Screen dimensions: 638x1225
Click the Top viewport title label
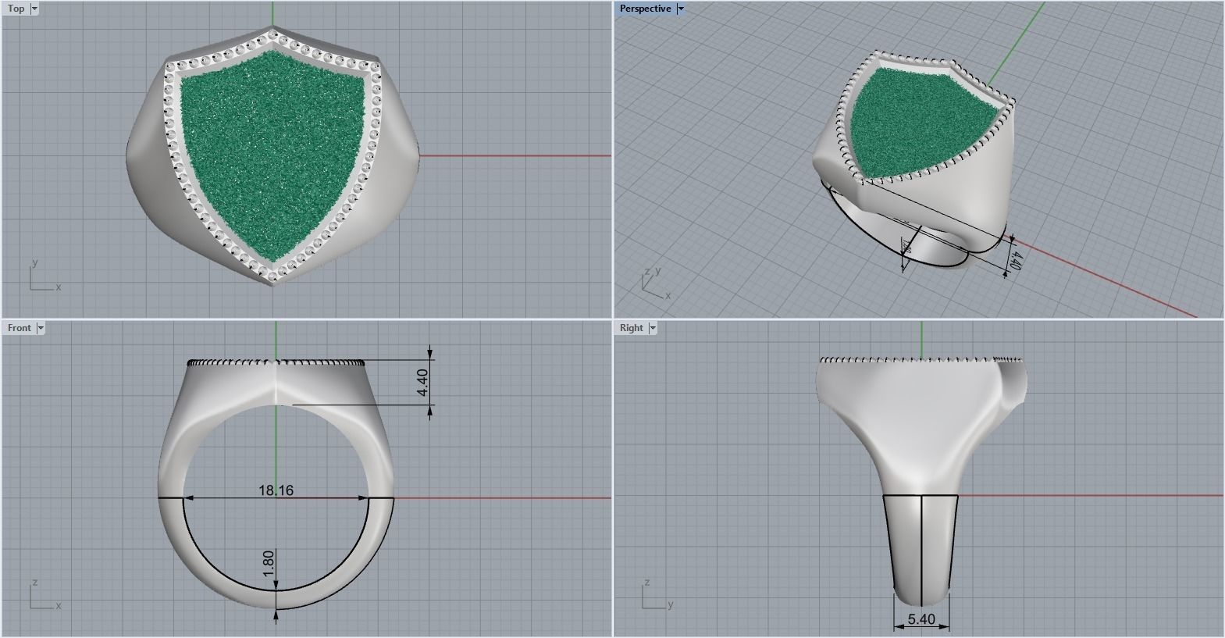coord(16,9)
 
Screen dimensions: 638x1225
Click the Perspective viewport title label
coord(645,9)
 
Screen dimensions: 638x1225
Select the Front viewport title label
coord(20,328)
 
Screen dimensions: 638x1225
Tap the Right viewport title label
coord(631,328)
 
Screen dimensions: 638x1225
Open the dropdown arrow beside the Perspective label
coord(681,9)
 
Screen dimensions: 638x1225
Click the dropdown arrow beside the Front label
coord(41,328)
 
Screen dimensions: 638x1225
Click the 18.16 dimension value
coord(276,490)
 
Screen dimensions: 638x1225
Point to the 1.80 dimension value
coord(269,564)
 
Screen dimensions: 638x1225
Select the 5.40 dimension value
coord(921,619)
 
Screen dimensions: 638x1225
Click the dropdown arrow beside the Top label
coord(34,9)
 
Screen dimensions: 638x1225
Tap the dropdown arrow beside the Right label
coord(652,328)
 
